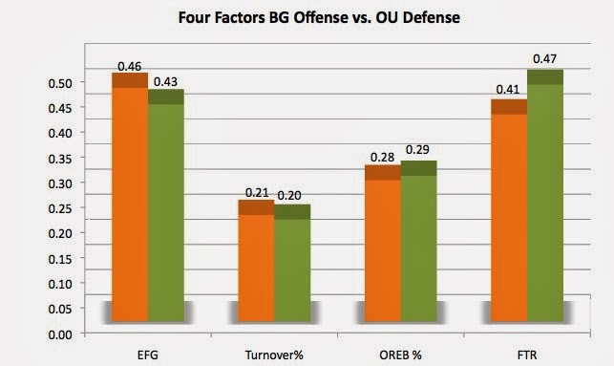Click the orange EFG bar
[x=130, y=197]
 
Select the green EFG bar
[x=166, y=205]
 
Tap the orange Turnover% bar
[x=256, y=261]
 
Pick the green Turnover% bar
[x=292, y=263]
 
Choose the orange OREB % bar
[x=383, y=244]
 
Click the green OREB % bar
[x=419, y=241]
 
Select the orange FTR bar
[x=509, y=210]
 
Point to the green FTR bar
[x=545, y=196]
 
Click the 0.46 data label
[x=129, y=66]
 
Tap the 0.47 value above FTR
[x=544, y=59]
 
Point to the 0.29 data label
[x=417, y=149]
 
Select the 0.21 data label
[x=257, y=192]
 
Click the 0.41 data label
[x=508, y=89]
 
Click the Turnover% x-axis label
[x=274, y=355]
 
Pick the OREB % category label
[x=401, y=355]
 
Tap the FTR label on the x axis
[x=527, y=355]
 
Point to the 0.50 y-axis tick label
[x=60, y=83]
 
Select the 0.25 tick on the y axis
[x=60, y=208]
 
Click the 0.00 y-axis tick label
[x=60, y=334]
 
